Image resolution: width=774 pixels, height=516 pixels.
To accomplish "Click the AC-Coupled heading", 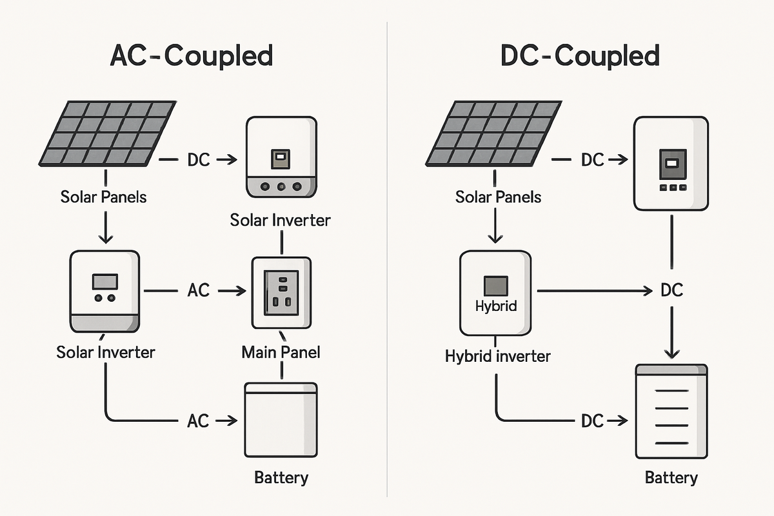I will pyautogui.click(x=192, y=56).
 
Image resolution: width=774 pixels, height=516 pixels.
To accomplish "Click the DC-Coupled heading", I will pyautogui.click(x=580, y=56).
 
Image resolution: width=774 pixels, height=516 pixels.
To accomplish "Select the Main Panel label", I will pyautogui.click(x=281, y=352).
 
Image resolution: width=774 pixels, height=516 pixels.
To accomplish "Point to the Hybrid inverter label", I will pyautogui.click(x=497, y=355).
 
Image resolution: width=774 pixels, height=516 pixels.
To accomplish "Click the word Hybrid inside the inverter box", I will pyautogui.click(x=495, y=306).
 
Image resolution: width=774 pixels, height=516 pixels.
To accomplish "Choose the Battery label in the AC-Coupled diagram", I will pyautogui.click(x=281, y=478).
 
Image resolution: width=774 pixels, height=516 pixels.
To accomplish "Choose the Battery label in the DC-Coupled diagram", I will pyautogui.click(x=671, y=478).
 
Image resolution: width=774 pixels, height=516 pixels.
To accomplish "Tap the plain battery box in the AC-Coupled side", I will pyautogui.click(x=281, y=420).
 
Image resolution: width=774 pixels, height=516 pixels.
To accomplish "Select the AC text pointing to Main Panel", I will pyautogui.click(x=199, y=291).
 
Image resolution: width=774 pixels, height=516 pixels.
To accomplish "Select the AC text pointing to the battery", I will pyautogui.click(x=199, y=421).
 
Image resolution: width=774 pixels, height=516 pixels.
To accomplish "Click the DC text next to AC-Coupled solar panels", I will pyautogui.click(x=199, y=160).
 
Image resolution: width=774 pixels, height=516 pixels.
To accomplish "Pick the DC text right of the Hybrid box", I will pyautogui.click(x=671, y=291).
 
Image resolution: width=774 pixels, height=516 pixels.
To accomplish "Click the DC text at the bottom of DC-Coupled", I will pyautogui.click(x=591, y=421).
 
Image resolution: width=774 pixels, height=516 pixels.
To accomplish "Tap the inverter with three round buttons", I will pyautogui.click(x=281, y=157).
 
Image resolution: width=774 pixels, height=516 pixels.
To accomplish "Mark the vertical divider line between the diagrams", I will pyautogui.click(x=387, y=258).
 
